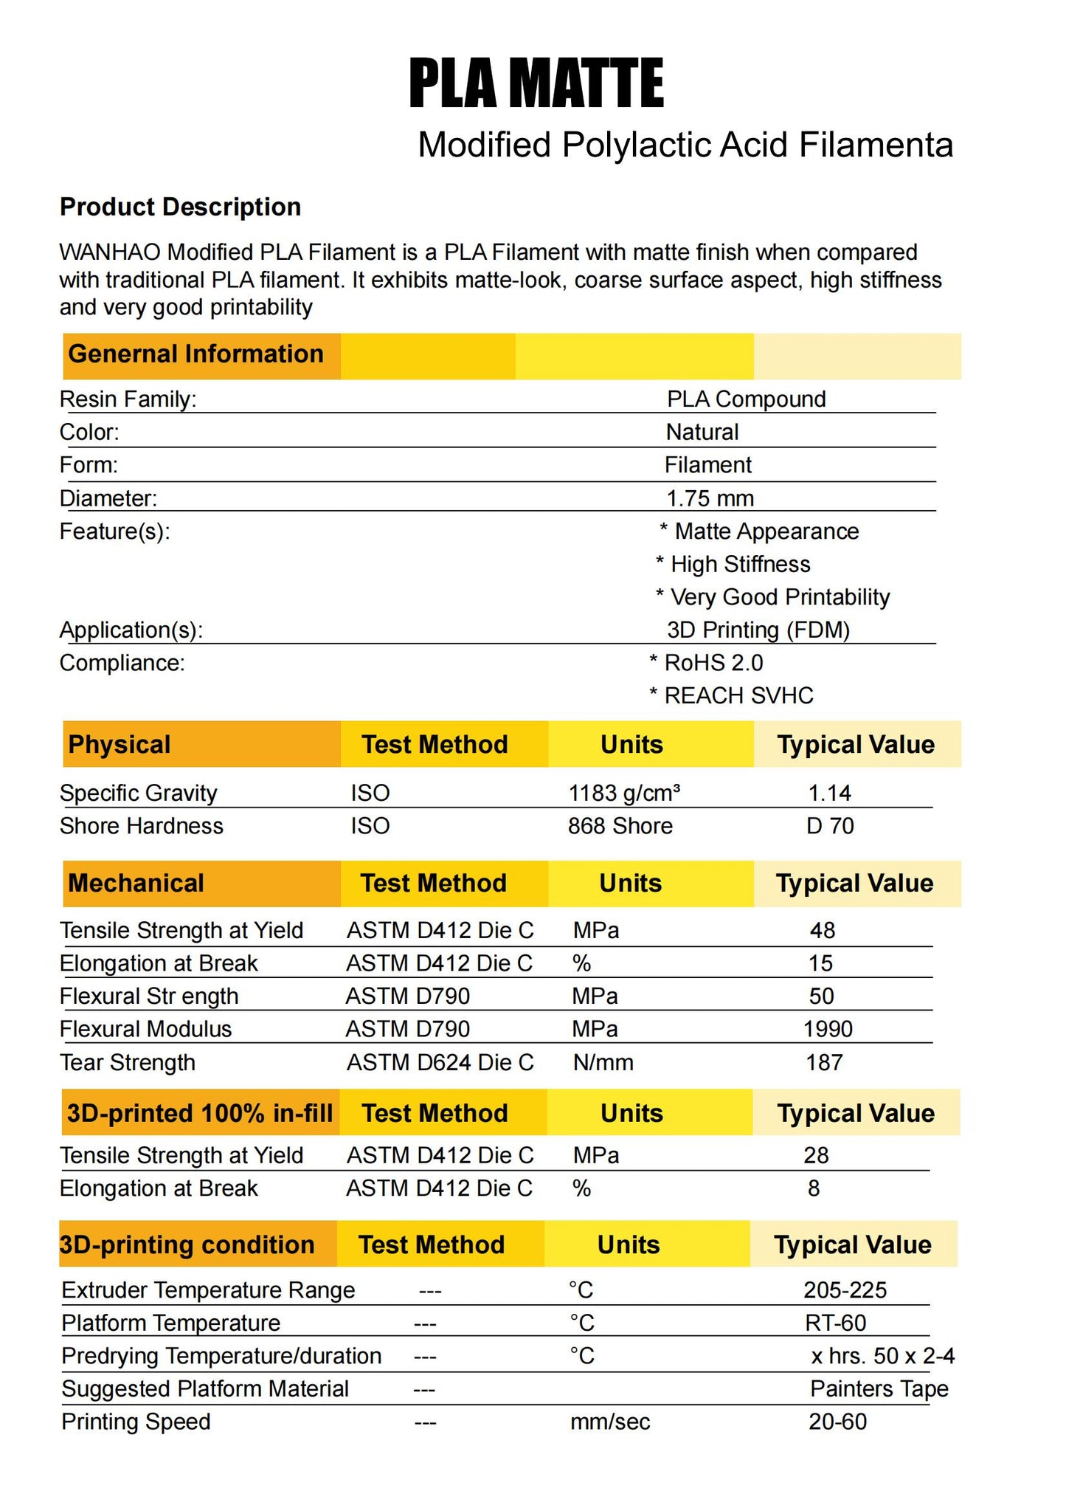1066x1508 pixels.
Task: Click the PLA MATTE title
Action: (x=536, y=84)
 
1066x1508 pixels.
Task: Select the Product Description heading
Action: (x=180, y=207)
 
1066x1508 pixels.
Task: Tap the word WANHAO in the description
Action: (x=110, y=252)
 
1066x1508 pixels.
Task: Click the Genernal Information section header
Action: (x=195, y=354)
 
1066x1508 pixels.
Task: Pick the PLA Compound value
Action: (x=746, y=399)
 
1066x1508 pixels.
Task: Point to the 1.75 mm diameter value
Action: (x=710, y=499)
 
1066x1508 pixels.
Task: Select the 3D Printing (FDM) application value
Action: (x=758, y=630)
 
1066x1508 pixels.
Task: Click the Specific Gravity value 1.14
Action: (x=829, y=793)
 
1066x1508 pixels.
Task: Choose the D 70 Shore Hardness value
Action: (x=830, y=826)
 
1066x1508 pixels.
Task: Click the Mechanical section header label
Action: (x=136, y=884)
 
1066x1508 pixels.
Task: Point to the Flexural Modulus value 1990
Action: (x=828, y=1030)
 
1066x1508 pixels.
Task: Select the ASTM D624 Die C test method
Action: (x=440, y=1063)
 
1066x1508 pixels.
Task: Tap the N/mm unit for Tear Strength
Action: (x=603, y=1063)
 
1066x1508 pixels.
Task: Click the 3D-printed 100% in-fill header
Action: (x=200, y=1113)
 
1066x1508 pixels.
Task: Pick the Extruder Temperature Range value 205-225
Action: (x=845, y=1290)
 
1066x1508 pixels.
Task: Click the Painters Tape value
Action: (x=879, y=1389)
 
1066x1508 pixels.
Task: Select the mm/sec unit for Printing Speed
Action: (x=610, y=1422)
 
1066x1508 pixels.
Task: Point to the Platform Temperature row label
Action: (x=171, y=1323)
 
